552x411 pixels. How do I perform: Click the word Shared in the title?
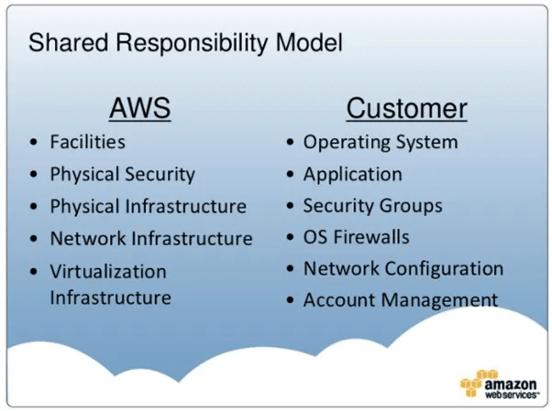click(68, 42)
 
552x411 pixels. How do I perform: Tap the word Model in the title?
click(309, 42)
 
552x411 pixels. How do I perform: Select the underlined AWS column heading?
click(139, 108)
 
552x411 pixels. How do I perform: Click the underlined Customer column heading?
click(406, 108)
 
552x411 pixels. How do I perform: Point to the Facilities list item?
click(88, 142)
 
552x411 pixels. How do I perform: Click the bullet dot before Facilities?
click(34, 143)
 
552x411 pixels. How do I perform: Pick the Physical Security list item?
click(123, 175)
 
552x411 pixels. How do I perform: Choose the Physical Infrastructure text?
click(149, 206)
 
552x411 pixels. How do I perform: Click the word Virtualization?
click(108, 272)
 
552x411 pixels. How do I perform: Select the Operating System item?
click(381, 143)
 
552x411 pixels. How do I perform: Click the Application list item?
click(353, 175)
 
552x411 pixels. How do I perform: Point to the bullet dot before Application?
click(290, 175)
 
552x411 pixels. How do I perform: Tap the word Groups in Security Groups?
click(411, 206)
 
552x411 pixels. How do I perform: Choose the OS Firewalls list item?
click(357, 237)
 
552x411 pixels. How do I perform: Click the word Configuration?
click(444, 269)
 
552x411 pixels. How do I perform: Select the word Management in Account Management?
click(439, 301)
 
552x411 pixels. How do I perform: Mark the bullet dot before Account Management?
click(290, 300)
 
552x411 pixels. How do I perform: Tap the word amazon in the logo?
click(511, 384)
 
